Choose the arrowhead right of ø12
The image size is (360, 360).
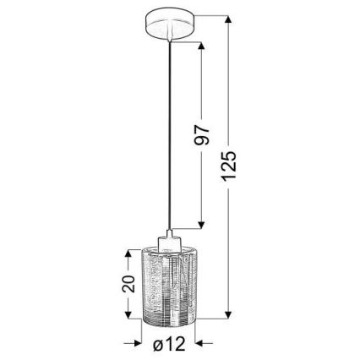coord(202,344)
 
